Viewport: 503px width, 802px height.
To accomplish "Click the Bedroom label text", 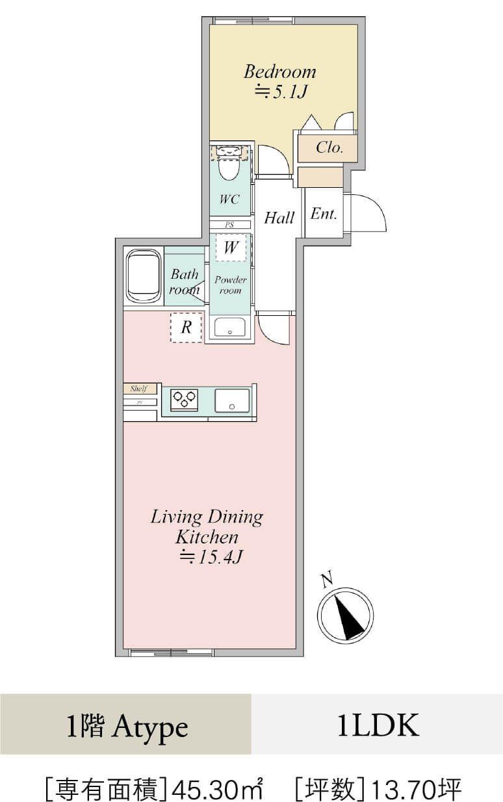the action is coord(280,71).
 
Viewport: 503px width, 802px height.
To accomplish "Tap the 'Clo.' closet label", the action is coord(329,147).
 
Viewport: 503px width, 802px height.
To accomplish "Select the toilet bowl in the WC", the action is coord(229,170).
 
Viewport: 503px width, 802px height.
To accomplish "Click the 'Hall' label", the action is coord(279,218).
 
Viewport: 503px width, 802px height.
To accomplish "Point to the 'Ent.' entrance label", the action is coord(324,214).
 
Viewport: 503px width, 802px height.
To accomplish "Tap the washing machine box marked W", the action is coord(231,247).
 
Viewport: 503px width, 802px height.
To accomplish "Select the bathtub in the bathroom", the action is coord(144,276).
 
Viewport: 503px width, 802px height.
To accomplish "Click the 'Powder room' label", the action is coord(231,285).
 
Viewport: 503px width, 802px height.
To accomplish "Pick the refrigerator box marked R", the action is coord(186,328).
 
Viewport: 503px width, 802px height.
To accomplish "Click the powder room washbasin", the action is coord(230,327).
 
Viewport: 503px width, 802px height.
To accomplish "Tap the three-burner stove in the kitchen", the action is coord(185,399).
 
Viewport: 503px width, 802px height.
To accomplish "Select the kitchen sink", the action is coord(232,400).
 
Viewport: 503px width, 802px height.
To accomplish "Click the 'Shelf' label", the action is coord(139,389).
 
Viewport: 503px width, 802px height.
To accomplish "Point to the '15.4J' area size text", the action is coord(220,556).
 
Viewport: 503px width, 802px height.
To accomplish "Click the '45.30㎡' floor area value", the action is coord(218,786).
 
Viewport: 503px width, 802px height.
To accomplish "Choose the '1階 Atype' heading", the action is coord(127,727).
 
